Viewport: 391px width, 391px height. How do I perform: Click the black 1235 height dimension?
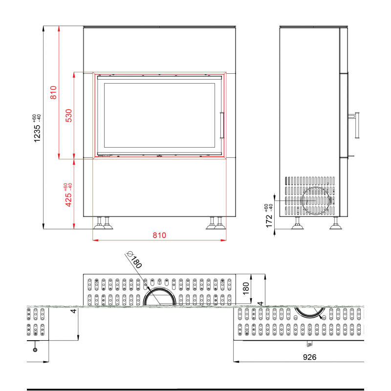37,133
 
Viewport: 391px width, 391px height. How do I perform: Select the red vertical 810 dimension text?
53,92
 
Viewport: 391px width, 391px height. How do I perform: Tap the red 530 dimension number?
68,115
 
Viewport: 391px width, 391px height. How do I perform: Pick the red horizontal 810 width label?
159,235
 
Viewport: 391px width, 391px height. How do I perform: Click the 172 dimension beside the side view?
269,221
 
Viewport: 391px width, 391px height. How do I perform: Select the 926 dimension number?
309,357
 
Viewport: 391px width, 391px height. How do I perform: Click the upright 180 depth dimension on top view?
246,288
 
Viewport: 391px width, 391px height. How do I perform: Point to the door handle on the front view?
222,125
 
